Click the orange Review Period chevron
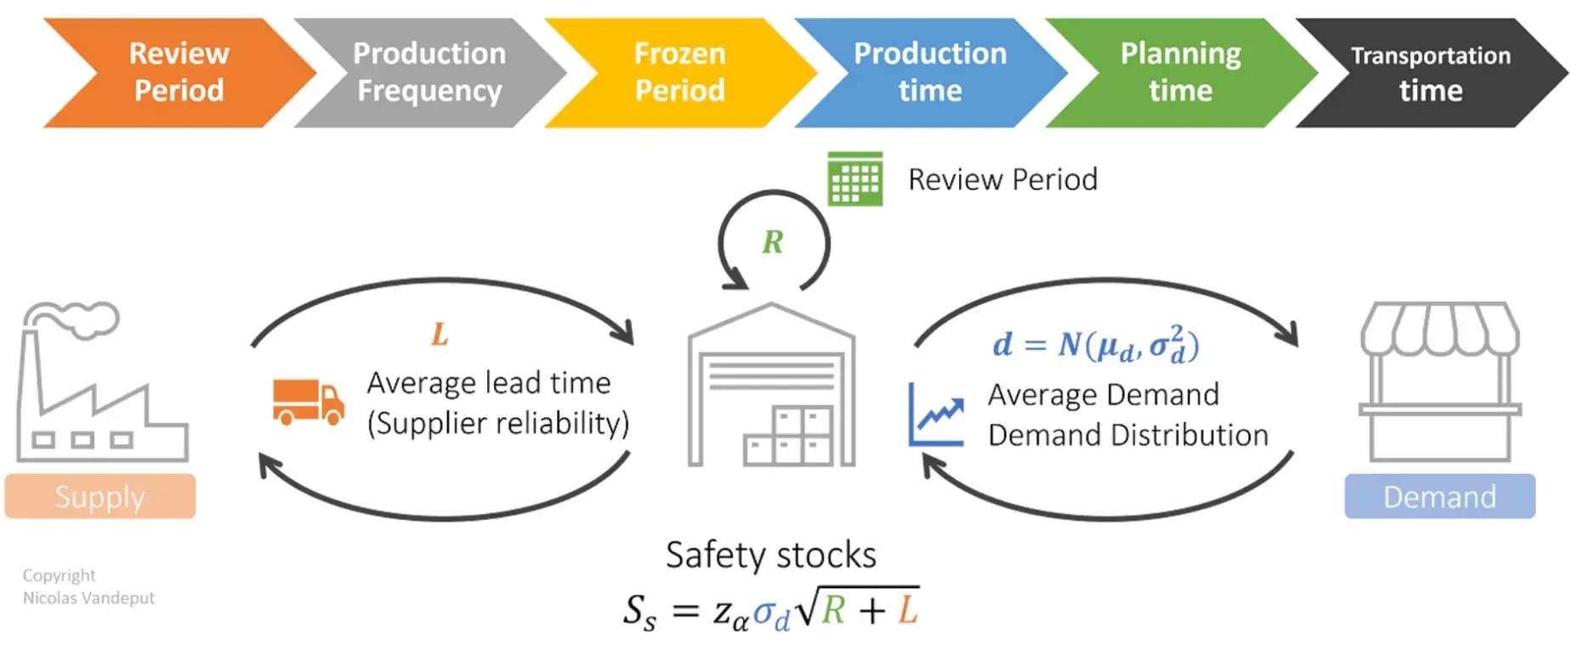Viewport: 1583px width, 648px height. tap(179, 72)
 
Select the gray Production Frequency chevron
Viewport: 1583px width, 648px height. tap(429, 72)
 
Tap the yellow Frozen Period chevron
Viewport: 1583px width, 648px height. tap(680, 72)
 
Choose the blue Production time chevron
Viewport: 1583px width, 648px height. tap(930, 72)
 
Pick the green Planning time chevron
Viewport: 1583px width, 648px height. tap(1181, 72)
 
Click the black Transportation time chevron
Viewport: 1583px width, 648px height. tap(1431, 72)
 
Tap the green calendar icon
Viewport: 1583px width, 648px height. tap(855, 179)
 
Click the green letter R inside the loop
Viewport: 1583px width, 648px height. tap(772, 243)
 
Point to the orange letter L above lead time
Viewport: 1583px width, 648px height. tap(440, 335)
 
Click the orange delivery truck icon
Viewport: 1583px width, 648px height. tap(308, 402)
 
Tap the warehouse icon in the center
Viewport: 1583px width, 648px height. tap(771, 386)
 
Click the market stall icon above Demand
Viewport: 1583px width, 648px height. tap(1439, 382)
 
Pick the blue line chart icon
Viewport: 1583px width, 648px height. tap(936, 416)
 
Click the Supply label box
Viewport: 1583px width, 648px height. tap(100, 497)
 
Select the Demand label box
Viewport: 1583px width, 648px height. tap(1439, 497)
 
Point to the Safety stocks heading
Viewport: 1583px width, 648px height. tap(770, 555)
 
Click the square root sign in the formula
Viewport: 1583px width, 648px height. tap(808, 606)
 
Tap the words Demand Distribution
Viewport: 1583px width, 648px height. tap(1127, 436)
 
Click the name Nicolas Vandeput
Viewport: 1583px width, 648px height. tap(88, 598)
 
